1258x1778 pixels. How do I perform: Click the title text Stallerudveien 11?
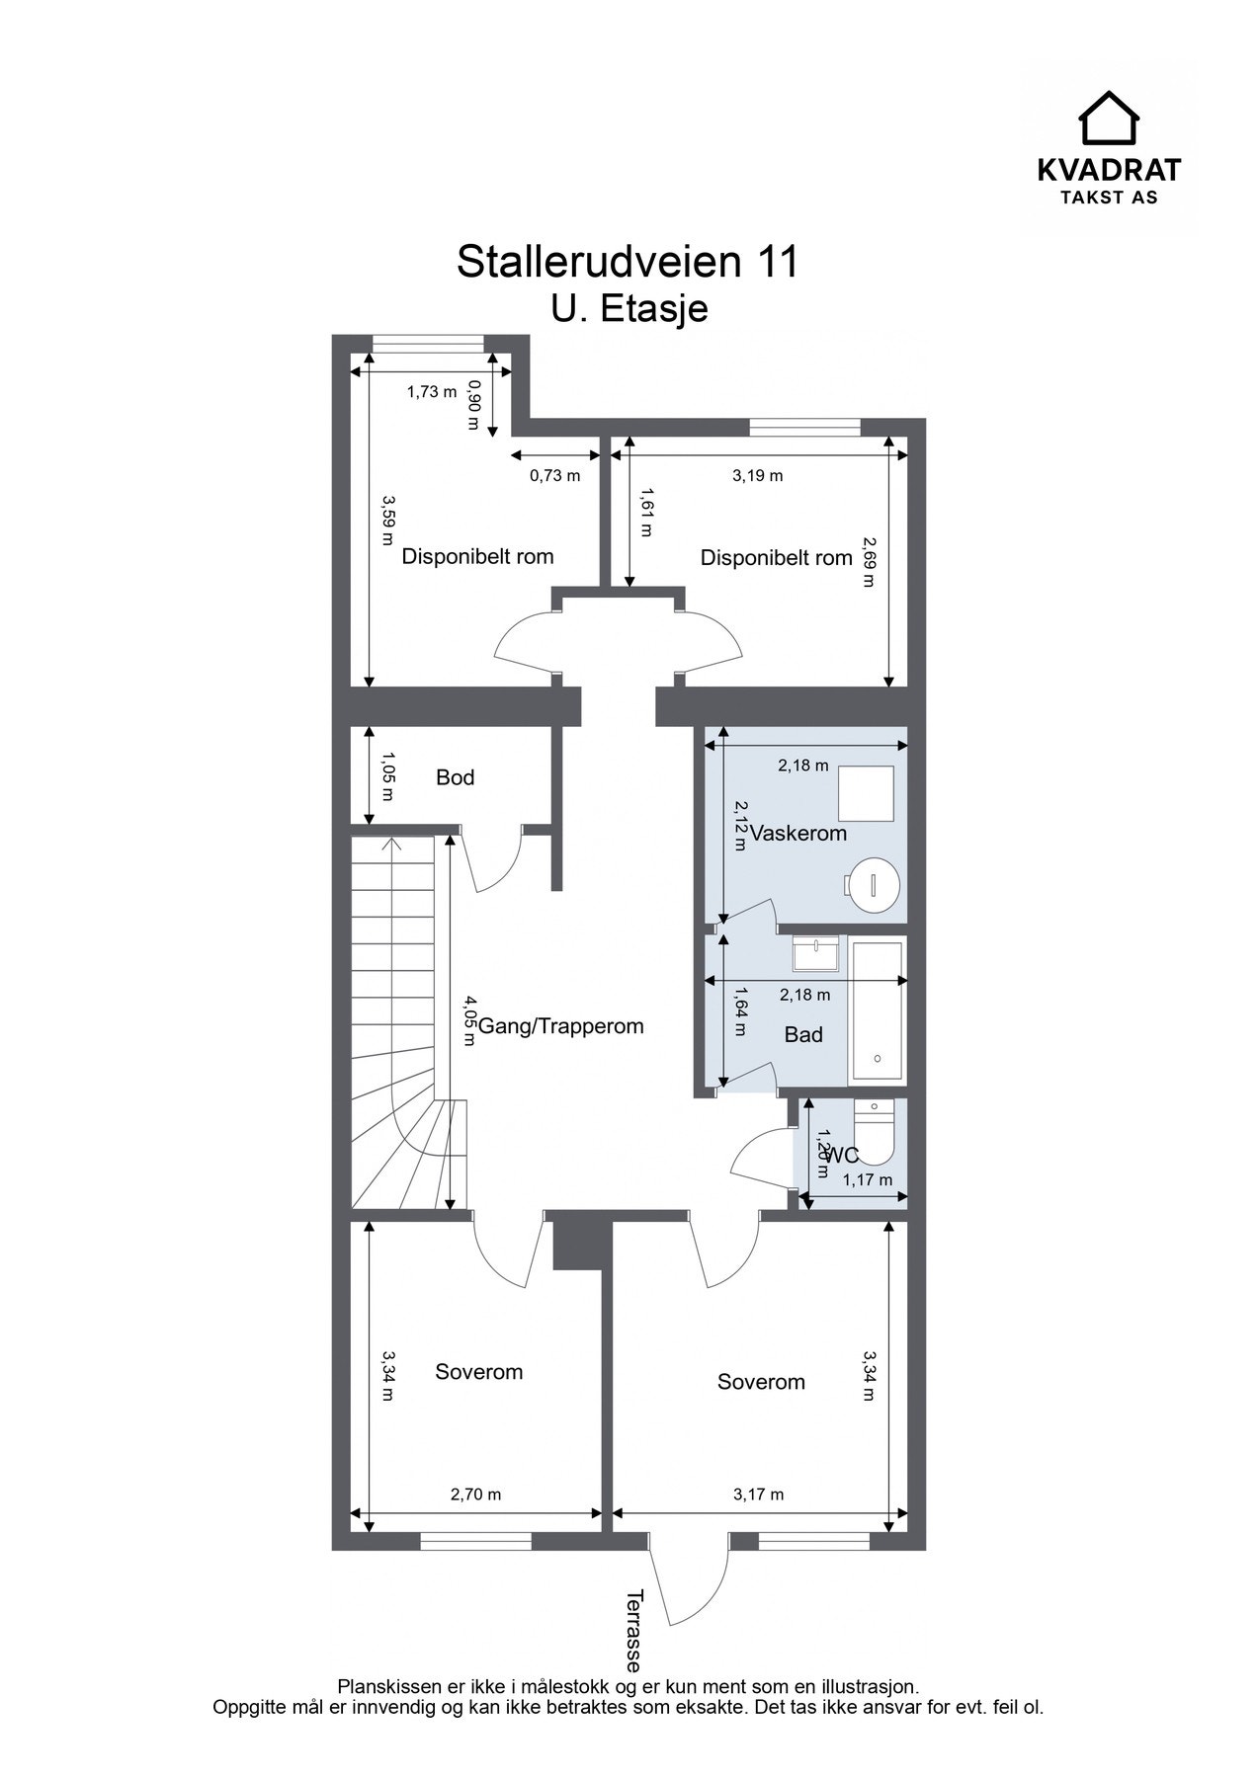pos(627,262)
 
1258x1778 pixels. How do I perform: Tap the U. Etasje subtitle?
pos(629,308)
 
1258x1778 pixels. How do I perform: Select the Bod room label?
pos(455,777)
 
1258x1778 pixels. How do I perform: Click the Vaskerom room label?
pos(798,833)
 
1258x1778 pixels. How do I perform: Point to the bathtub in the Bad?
pos(878,1010)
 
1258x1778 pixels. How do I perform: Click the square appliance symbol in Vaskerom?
pos(867,792)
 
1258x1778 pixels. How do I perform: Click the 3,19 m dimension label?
pos(757,475)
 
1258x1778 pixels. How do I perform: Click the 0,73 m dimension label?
pos(554,475)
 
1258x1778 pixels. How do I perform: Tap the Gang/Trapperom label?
pos(560,1026)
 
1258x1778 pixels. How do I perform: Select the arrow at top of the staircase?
pos(392,845)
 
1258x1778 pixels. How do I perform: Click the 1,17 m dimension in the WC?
pos(867,1179)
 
